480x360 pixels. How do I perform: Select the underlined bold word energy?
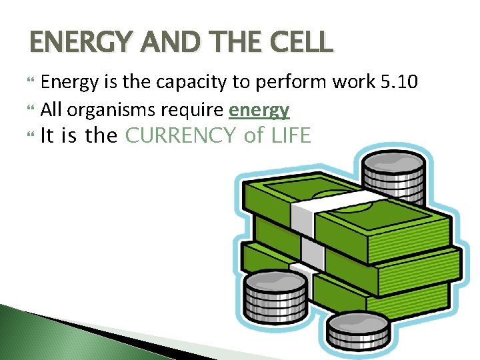[x=259, y=109]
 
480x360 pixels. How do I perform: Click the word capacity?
[x=183, y=83]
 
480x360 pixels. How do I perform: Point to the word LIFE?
[x=291, y=136]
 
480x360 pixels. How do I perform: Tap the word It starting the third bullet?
[x=47, y=136]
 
